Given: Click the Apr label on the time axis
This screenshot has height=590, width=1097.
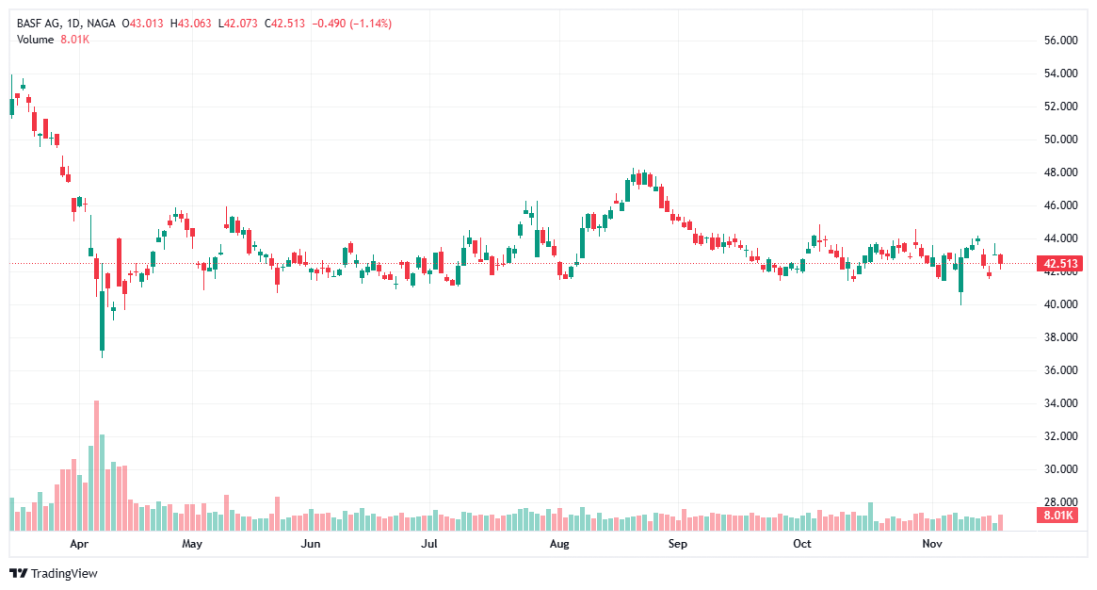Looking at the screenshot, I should [x=79, y=544].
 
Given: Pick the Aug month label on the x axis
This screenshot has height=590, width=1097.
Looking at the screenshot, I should [x=559, y=544].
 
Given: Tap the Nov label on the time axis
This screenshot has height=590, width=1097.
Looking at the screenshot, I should [x=932, y=544].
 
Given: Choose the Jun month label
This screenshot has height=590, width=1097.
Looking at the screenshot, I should [x=310, y=544].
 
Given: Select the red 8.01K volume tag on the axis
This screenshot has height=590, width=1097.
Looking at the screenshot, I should [x=1057, y=516].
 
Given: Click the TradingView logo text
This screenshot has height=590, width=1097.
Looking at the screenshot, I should [x=64, y=573].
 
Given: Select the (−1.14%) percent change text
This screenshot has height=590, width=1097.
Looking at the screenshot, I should [x=371, y=23].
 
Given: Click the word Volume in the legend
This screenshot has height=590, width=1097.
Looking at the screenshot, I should [x=36, y=39].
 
